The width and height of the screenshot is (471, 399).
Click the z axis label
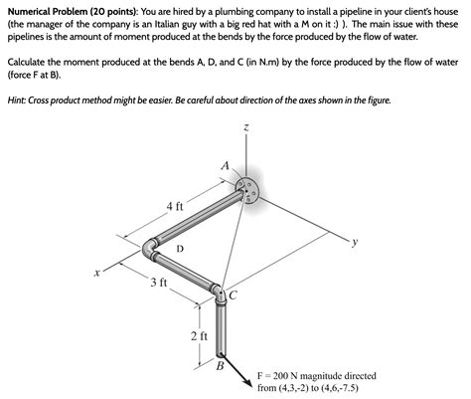(245, 127)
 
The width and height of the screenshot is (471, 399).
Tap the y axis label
(355, 243)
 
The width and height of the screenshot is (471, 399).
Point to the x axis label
(96, 274)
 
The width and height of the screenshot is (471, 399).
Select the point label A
(226, 165)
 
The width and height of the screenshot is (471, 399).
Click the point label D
(180, 248)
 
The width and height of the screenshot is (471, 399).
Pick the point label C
(233, 295)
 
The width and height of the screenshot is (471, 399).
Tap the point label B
(221, 366)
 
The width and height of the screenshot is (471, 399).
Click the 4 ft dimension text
(175, 207)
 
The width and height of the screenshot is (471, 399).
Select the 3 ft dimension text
(159, 283)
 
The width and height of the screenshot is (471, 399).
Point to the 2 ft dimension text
(199, 336)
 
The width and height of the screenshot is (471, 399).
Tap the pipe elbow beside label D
(150, 249)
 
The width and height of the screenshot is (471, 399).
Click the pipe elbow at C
(219, 294)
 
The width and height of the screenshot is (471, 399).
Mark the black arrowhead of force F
(248, 381)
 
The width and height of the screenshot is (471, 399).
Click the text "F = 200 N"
(278, 376)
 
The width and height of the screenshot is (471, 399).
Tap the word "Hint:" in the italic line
(17, 100)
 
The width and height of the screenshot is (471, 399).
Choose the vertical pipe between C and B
(221, 327)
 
